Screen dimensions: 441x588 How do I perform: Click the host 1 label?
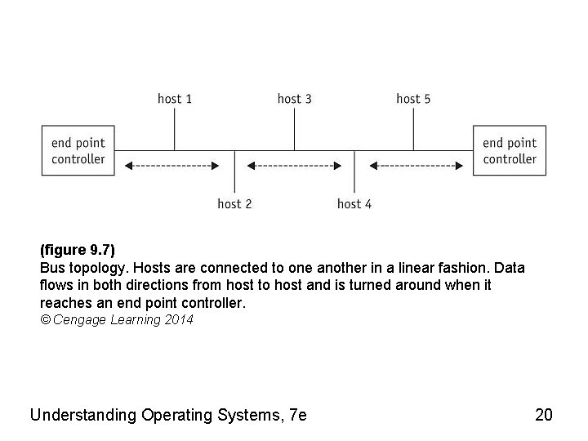pos(175,99)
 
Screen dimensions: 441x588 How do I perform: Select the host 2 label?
pos(234,203)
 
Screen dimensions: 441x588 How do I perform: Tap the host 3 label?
pos(294,99)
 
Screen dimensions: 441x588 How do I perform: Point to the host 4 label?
pos(354,203)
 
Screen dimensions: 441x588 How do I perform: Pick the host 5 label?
pos(413,99)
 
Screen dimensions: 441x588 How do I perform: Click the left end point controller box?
pos(78,150)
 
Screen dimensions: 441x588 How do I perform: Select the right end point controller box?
pos(510,150)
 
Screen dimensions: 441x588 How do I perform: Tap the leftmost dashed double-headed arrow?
pos(172,166)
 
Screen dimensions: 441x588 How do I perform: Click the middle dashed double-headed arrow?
pos(294,166)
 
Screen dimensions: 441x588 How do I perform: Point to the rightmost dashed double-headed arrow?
pos(416,166)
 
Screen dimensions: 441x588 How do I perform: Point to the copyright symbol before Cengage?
pos(44,320)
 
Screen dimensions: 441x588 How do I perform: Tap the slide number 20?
pos(543,415)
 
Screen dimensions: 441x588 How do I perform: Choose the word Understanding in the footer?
pos(82,415)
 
